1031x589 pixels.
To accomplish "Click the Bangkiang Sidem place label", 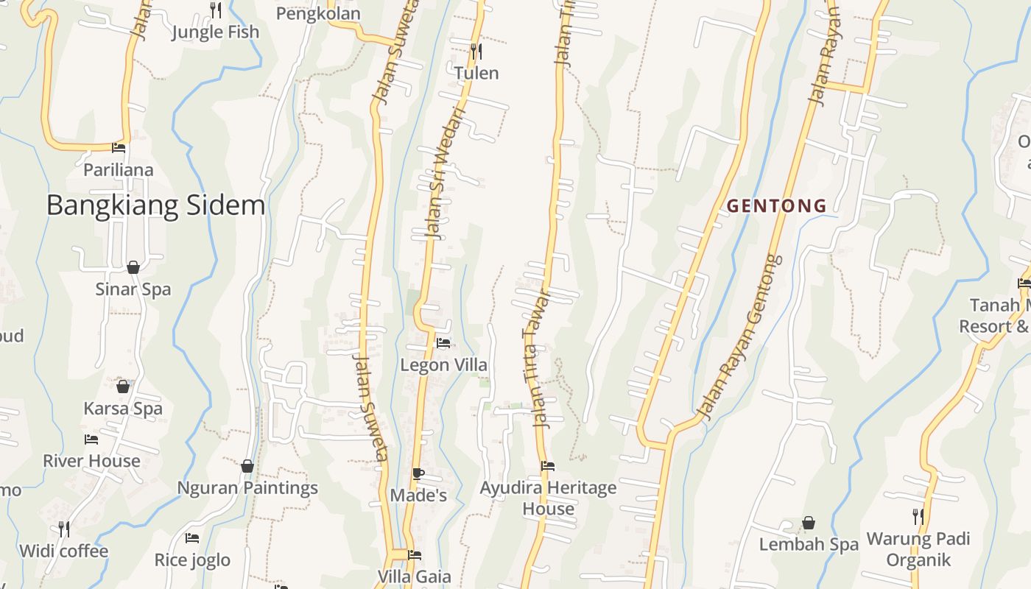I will coord(155,205).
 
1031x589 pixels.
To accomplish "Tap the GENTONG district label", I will coord(777,206).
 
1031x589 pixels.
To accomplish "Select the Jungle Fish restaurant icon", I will coord(216,10).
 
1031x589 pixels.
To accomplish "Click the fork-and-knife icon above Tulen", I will coord(476,51).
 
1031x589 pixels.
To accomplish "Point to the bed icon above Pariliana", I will coord(119,148).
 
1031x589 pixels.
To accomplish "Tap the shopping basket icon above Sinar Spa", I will coord(133,267).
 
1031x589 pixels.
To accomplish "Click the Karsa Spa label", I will coord(123,409).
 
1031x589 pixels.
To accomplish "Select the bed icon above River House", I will coord(91,440).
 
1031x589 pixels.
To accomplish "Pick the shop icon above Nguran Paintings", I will coord(247,466).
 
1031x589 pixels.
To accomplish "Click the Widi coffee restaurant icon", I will coord(64,529).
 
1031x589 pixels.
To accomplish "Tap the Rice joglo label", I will coord(192,560).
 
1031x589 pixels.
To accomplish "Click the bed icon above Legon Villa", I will coord(443,343).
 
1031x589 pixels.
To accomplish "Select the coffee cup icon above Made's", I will coord(418,473).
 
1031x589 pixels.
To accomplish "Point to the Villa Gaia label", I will coord(415,576).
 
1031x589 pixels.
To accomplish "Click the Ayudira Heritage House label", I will coord(548,498).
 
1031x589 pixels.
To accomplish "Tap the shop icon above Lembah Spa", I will coord(809,523).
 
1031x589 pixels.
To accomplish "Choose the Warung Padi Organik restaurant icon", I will coord(918,516).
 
